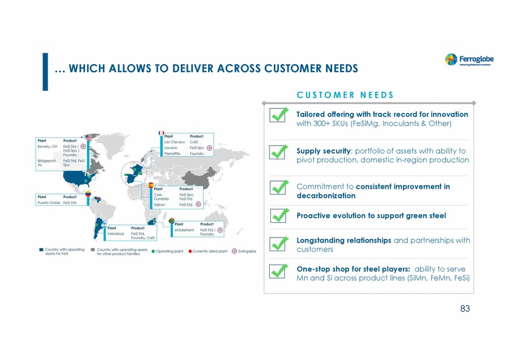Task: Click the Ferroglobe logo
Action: pos(468,60)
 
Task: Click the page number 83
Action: pos(465,309)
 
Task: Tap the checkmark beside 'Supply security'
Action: pos(278,152)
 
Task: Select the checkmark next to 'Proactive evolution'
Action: pos(278,215)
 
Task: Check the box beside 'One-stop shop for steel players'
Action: pos(278,270)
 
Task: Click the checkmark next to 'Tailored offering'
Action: pos(278,115)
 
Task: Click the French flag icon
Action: pos(161,133)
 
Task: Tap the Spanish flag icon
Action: pos(151,185)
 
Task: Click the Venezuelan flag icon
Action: pos(88,194)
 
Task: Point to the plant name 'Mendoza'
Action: pos(116,233)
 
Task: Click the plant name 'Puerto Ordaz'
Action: pos(48,202)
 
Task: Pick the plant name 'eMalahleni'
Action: pos(185,229)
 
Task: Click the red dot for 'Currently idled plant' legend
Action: pos(190,251)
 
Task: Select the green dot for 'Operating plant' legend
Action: pos(153,251)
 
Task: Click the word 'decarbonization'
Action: pos(326,196)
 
